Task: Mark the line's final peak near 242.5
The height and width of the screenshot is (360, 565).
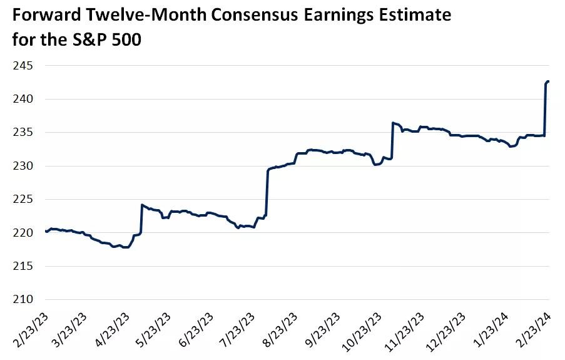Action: (x=548, y=81)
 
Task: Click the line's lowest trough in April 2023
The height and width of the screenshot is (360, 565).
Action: (x=125, y=247)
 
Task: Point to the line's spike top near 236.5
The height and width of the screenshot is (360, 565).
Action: (x=392, y=123)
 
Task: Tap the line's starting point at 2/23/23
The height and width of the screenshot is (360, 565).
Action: (x=46, y=231)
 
